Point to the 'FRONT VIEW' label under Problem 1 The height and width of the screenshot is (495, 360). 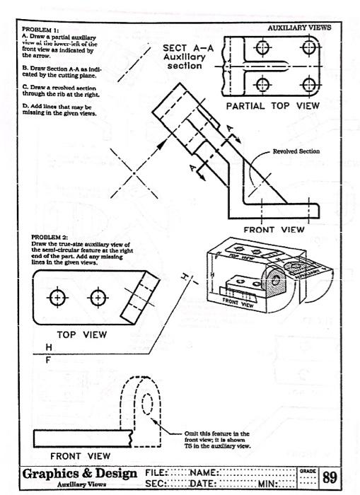[x=274, y=229]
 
